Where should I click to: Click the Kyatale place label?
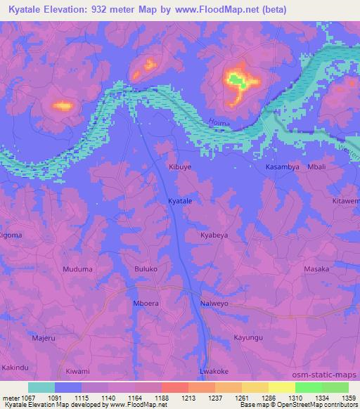(181, 201)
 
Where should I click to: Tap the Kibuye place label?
(179, 167)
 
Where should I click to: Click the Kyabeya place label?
(214, 235)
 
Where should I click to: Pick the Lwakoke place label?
(214, 370)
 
